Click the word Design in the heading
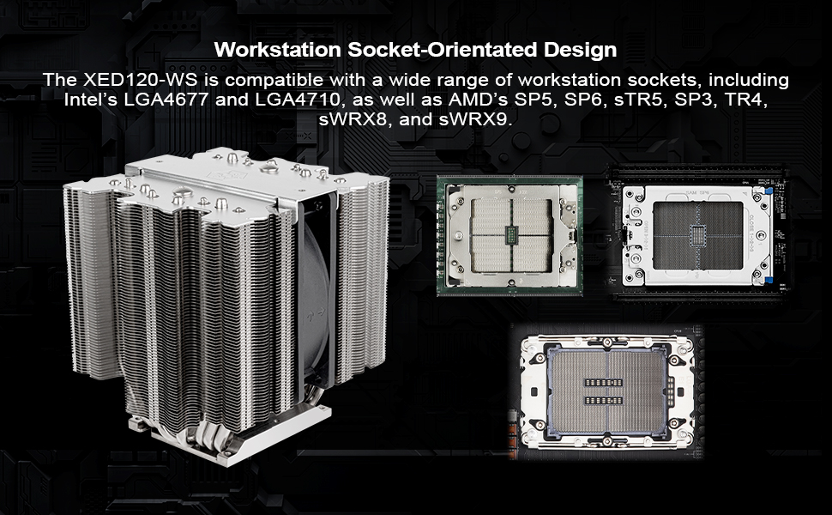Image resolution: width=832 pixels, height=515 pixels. pyautogui.click(x=582, y=49)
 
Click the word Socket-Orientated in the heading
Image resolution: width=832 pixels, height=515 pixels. pyautogui.click(x=440, y=49)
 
